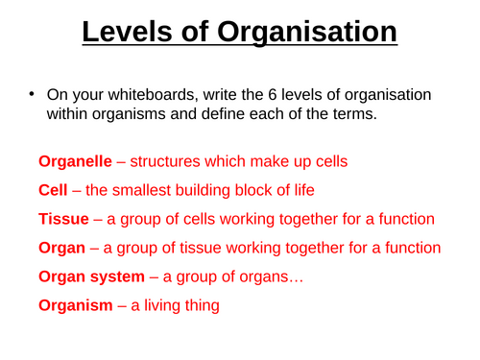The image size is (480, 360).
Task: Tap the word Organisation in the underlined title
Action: [x=309, y=34]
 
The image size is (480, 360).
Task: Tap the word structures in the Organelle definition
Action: [x=168, y=158]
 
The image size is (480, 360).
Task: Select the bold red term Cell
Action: [x=52, y=188]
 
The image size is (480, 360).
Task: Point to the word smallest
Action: [x=146, y=188]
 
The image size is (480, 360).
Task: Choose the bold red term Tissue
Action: [x=61, y=218]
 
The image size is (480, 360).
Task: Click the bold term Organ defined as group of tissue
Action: [x=62, y=248]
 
